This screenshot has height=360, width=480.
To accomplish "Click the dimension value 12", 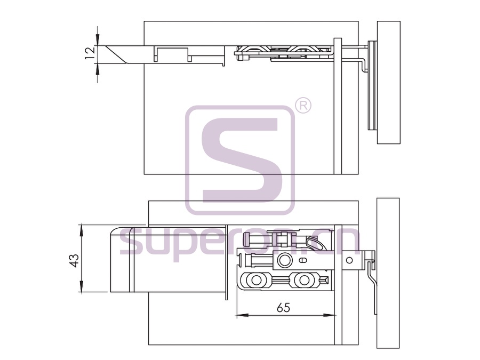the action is pos(91,54).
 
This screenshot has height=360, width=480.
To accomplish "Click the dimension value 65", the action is pos(283,307).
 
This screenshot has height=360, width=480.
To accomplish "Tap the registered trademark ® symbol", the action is pos(303,106).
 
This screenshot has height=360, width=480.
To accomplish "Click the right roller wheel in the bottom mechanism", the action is pos(304,280).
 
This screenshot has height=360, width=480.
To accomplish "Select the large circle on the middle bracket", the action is pos(285,260).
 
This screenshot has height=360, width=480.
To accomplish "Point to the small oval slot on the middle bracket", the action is pos(302,260).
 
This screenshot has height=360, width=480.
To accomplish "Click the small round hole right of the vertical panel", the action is pos(349,260).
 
